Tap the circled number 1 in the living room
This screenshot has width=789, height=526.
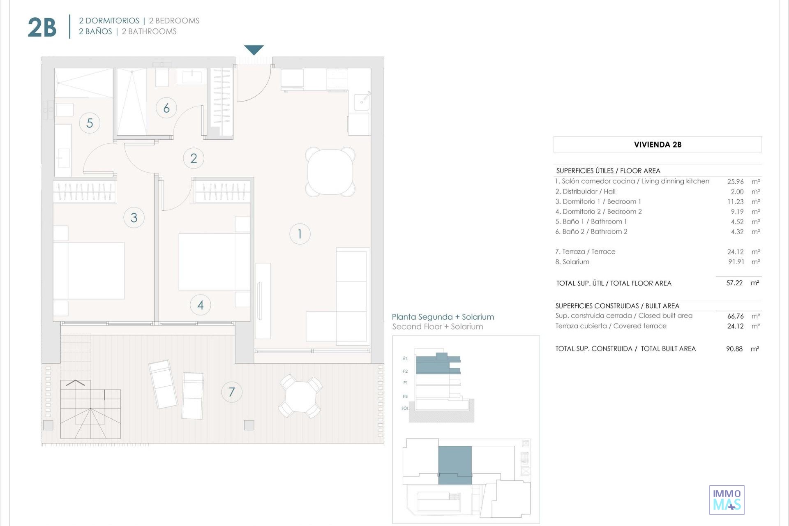300,234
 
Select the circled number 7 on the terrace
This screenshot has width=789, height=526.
232,392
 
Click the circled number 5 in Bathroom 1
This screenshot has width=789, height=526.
90,123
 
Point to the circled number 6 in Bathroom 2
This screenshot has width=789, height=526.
166,108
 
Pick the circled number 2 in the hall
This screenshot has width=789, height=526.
194,158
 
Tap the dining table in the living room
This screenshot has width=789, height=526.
330,172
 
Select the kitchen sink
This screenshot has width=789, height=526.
362,101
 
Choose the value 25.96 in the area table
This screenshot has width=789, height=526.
736,181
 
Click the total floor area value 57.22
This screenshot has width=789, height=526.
734,283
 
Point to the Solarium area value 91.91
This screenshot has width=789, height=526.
736,261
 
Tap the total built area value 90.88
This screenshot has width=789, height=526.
734,348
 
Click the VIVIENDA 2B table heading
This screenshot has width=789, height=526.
657,145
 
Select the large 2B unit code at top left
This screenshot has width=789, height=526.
42,28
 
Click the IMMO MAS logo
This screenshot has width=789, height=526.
727,500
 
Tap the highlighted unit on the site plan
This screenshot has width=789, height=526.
455,465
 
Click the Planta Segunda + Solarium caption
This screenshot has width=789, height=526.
443,317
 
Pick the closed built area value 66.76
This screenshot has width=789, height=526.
736,316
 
